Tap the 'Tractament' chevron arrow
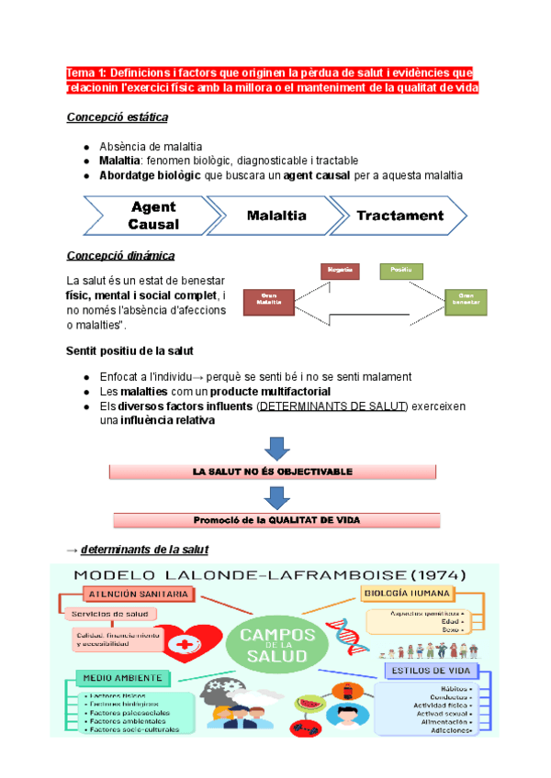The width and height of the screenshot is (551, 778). [x=399, y=217]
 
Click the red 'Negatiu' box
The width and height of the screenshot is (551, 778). [x=340, y=271]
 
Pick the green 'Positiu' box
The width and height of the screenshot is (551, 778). [x=400, y=271]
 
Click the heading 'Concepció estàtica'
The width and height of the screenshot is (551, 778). [x=117, y=117]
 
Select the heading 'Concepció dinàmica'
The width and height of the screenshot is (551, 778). [x=120, y=255]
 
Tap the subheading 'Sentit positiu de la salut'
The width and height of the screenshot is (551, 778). [x=129, y=351]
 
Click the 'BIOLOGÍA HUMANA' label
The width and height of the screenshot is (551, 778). [x=410, y=594]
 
